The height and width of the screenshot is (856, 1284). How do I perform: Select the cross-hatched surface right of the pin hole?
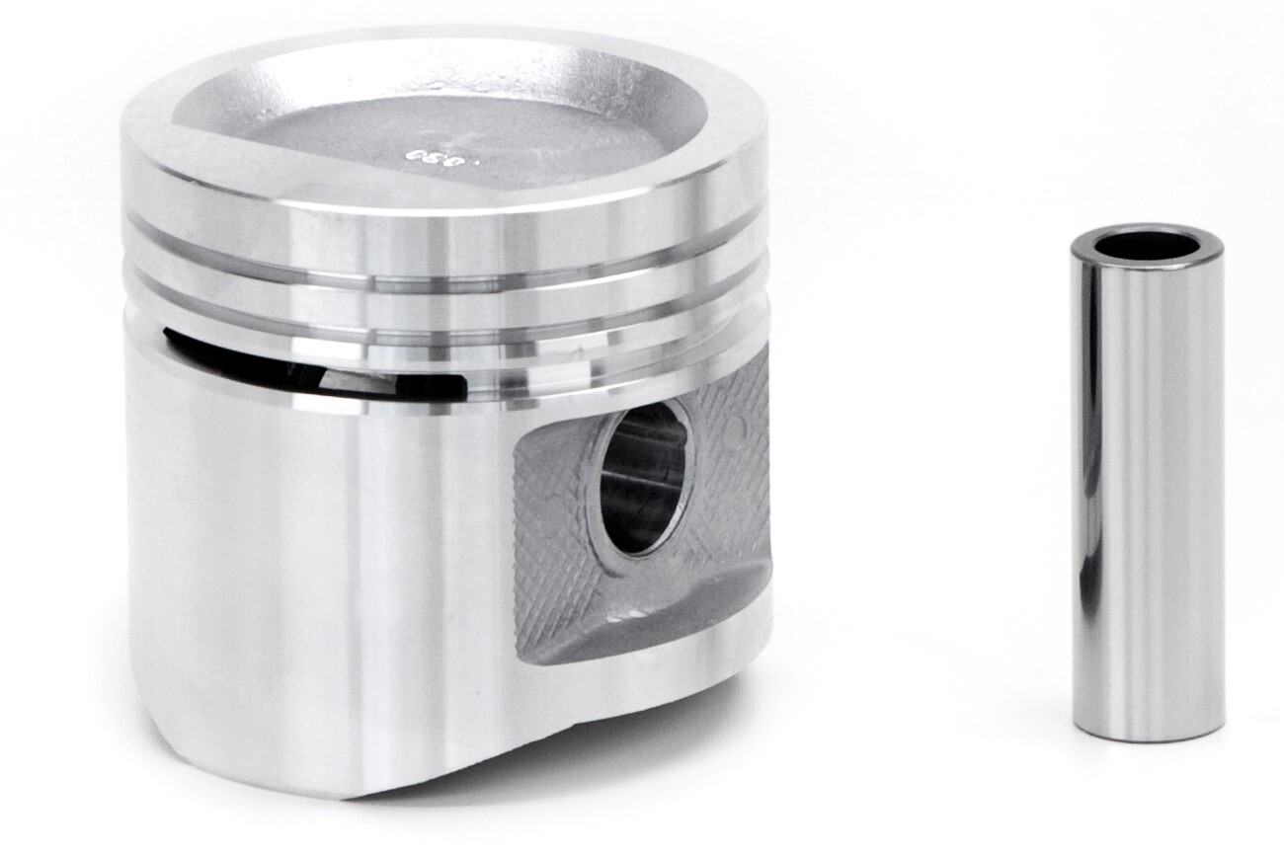736,464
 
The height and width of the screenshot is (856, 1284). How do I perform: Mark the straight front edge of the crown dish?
395,183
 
